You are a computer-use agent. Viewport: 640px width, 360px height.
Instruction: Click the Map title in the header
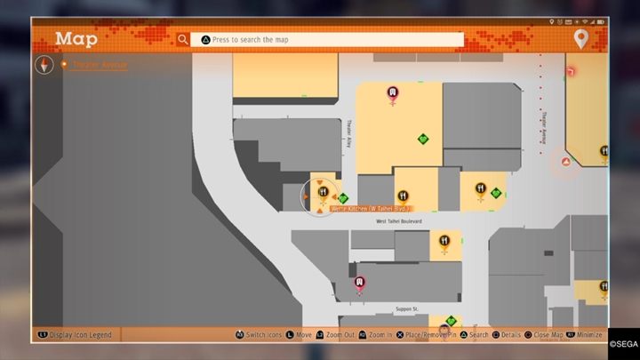tap(76, 39)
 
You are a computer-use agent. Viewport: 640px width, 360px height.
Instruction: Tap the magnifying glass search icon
tap(182, 39)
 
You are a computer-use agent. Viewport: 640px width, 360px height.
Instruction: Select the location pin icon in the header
tap(580, 39)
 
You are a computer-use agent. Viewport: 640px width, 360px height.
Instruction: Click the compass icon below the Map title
tap(46, 65)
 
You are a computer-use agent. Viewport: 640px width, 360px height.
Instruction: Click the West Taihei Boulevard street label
tap(398, 221)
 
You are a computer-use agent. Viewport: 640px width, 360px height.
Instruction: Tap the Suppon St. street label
tap(407, 309)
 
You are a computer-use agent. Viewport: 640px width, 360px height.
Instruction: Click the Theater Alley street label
tap(349, 134)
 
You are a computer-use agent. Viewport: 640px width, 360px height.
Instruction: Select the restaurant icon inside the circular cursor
tap(322, 193)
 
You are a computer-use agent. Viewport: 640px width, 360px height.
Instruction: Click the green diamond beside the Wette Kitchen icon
tap(343, 198)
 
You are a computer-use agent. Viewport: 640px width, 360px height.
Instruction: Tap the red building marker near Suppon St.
tap(360, 283)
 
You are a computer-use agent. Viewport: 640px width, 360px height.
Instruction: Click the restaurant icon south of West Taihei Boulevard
tap(444, 240)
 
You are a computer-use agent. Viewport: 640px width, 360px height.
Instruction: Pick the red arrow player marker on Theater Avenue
tap(565, 162)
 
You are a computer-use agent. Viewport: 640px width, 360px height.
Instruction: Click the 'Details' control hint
tap(507, 335)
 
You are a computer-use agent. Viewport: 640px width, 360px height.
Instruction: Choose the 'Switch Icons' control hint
tap(260, 335)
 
